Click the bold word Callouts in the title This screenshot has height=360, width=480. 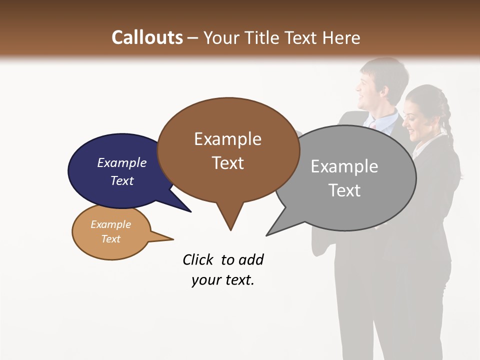click(x=147, y=37)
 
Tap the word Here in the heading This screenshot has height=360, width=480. click(x=341, y=37)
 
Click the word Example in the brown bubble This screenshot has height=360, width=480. click(x=227, y=139)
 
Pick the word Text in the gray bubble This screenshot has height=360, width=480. click(x=345, y=190)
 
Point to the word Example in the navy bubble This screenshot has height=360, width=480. click(x=122, y=162)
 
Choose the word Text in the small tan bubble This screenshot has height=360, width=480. click(x=110, y=239)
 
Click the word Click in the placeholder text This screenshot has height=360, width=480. click(x=198, y=259)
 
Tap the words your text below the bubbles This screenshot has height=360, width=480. click(x=222, y=280)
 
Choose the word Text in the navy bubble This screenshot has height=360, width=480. click(x=122, y=180)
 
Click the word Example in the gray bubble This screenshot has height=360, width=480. click(x=344, y=166)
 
